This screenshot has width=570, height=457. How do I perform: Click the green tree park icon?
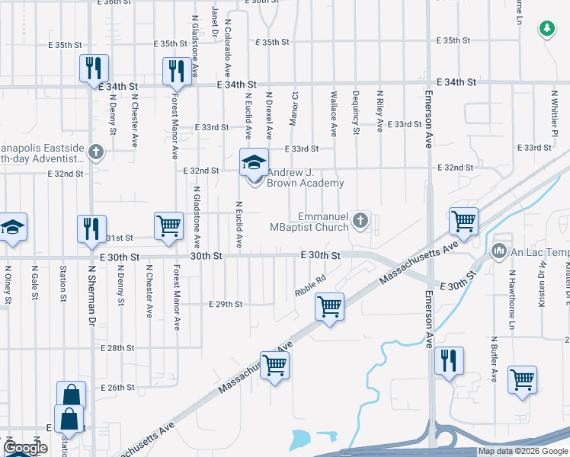(x=546, y=30)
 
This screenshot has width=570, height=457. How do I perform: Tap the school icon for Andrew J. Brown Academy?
(x=255, y=162)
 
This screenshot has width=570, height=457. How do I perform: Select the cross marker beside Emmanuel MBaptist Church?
(x=360, y=222)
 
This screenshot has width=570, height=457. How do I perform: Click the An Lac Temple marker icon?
(x=499, y=251)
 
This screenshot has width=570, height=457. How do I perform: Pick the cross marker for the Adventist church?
(x=96, y=152)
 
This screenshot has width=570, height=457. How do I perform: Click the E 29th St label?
(x=226, y=304)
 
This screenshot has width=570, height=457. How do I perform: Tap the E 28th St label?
(x=117, y=347)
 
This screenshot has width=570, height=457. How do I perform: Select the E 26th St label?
(x=117, y=388)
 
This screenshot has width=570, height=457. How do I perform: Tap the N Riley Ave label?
(x=379, y=112)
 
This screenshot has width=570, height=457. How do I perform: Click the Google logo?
(x=25, y=448)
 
